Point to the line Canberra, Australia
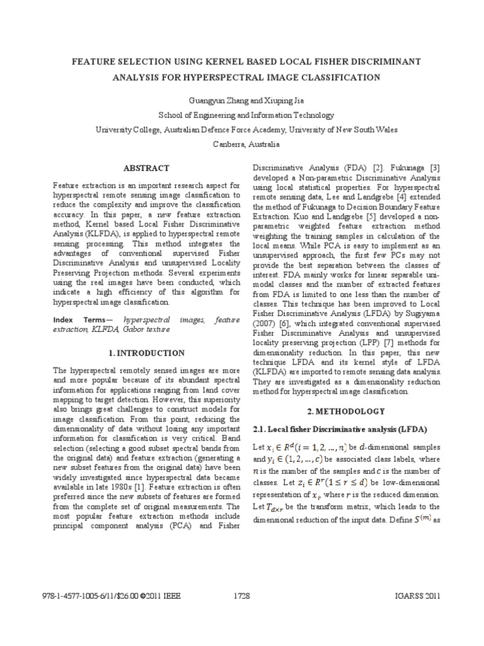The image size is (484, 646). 242,143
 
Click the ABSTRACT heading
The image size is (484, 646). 147,168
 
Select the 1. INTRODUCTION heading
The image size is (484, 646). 146,353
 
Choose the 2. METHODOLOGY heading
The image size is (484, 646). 346,411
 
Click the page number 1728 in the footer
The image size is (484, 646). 242,596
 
